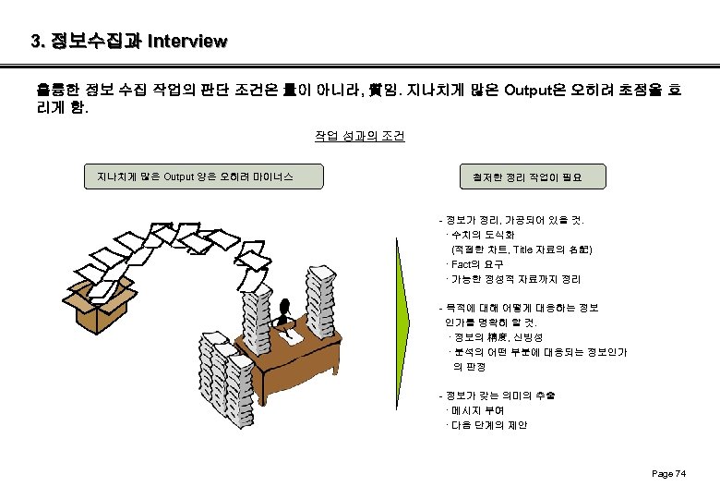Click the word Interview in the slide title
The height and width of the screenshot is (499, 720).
coord(186,42)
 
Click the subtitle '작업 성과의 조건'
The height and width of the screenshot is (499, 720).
coord(359,136)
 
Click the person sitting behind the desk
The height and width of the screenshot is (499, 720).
coord(287,315)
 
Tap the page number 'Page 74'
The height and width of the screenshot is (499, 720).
coord(668,473)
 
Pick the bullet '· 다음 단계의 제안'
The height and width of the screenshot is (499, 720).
coord(486,425)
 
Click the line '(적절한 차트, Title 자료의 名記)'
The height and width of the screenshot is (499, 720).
coord(522,249)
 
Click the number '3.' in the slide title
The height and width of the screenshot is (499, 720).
coord(38,42)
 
